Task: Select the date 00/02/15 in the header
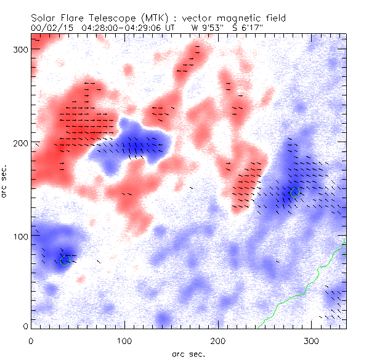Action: coord(48,28)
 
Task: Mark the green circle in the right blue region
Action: coord(294,192)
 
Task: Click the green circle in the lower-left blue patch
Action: coord(65,260)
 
